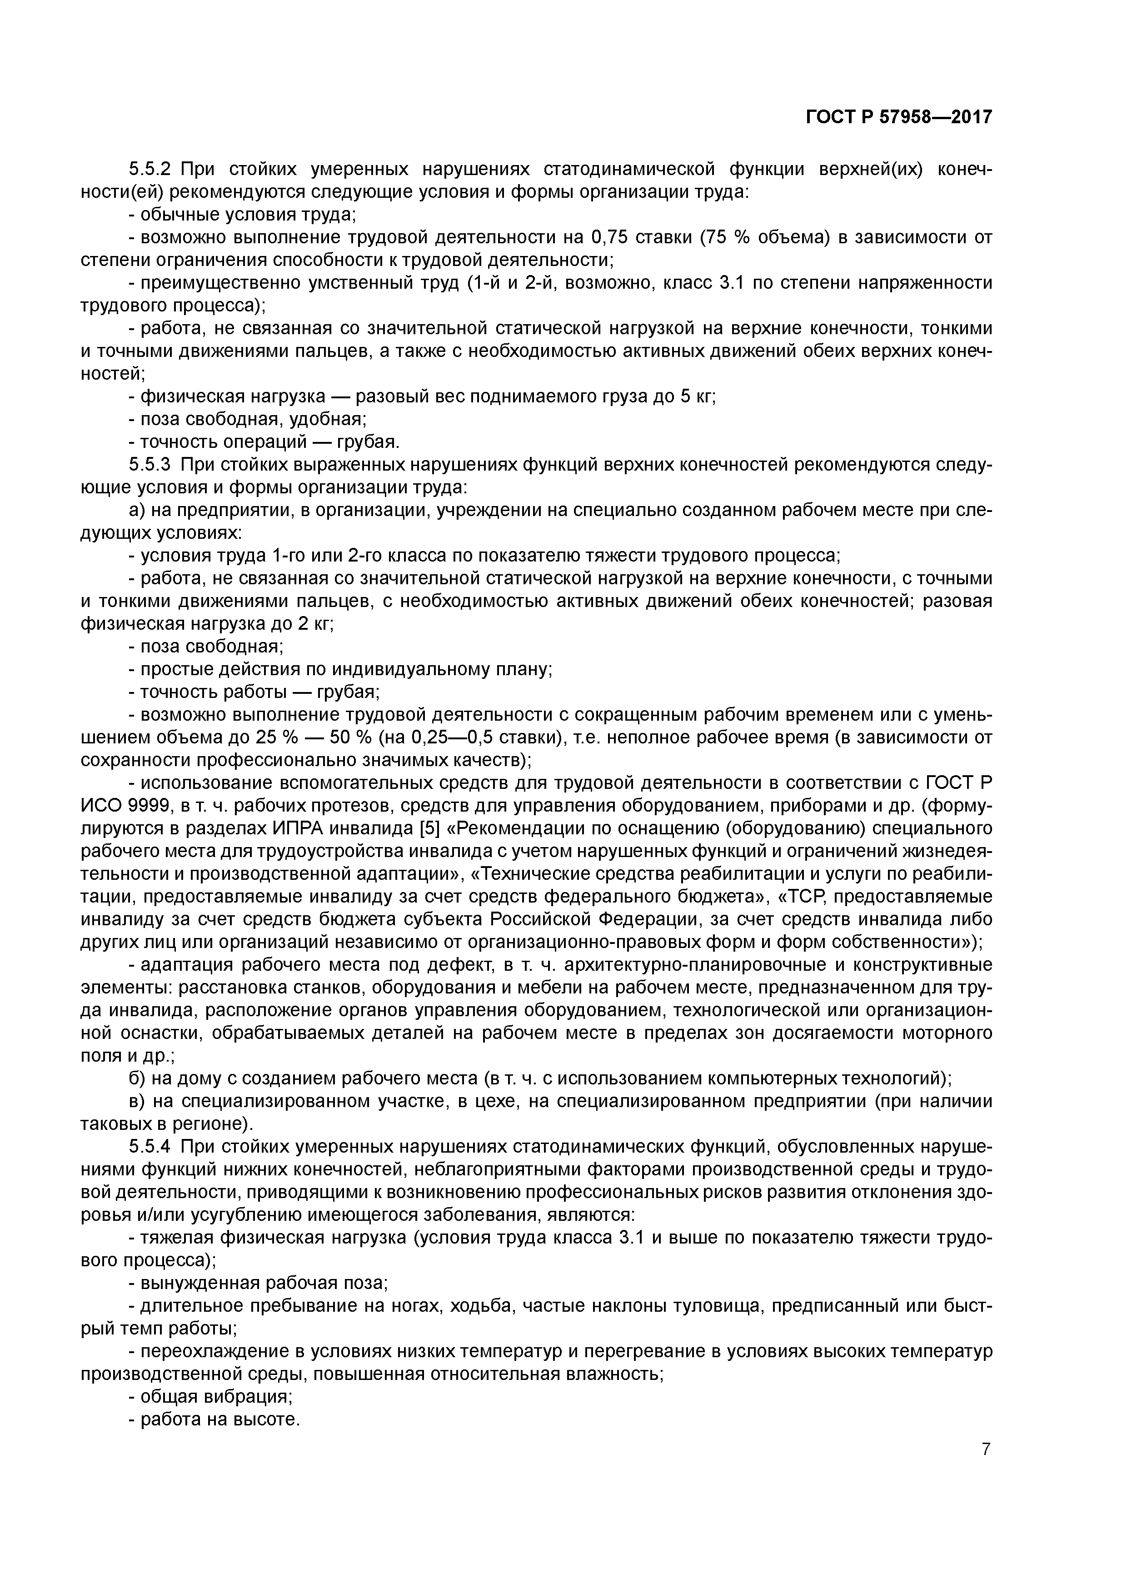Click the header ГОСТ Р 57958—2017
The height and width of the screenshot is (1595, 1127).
[x=898, y=117]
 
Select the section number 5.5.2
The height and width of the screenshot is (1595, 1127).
[x=150, y=169]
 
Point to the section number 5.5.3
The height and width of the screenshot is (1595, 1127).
[x=150, y=465]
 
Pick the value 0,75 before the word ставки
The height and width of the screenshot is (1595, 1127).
[x=609, y=238]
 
